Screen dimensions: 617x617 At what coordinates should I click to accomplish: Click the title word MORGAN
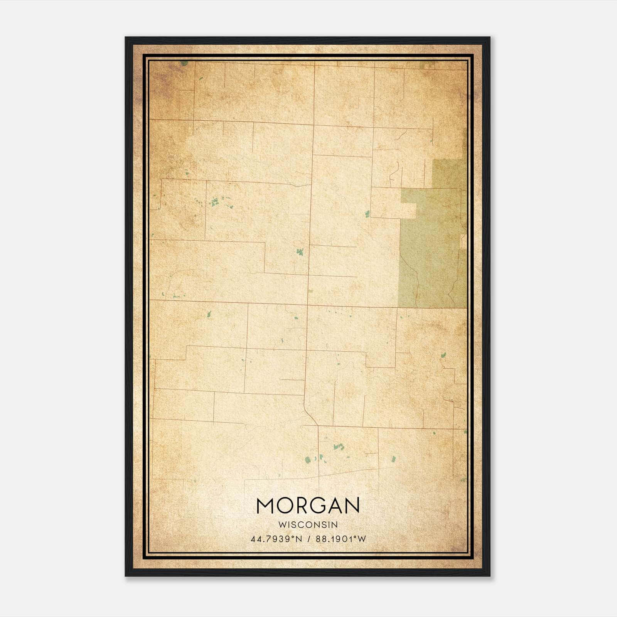[308, 506]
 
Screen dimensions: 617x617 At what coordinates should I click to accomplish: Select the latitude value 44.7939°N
[276, 539]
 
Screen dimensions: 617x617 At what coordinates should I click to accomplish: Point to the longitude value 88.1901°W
[341, 539]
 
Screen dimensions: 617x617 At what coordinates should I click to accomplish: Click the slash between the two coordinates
[309, 539]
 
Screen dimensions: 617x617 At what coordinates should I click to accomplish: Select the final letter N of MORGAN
[351, 506]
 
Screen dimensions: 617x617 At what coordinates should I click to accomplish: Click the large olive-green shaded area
[432, 251]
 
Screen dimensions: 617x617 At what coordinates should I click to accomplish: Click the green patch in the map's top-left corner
[184, 63]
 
